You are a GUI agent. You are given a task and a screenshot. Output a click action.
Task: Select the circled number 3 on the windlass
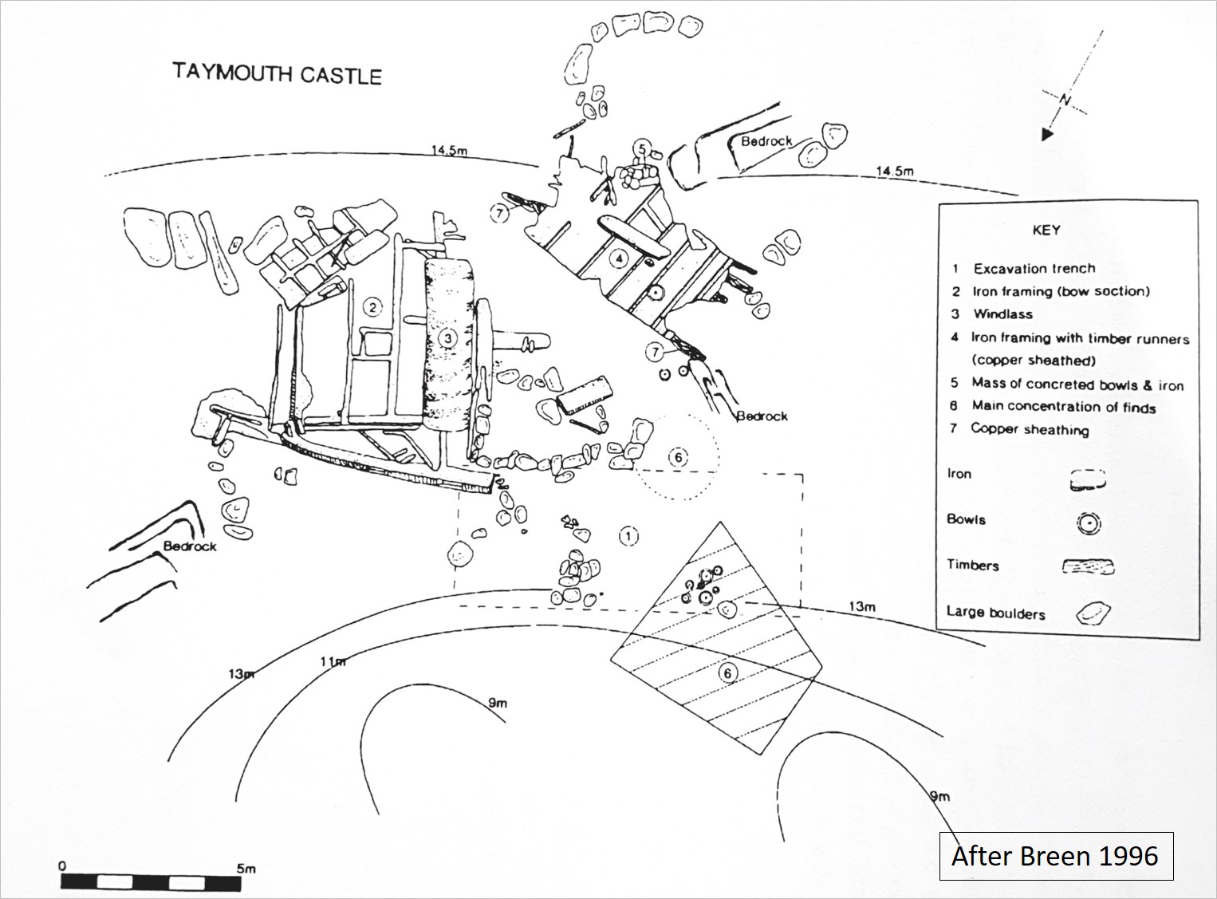pos(448,338)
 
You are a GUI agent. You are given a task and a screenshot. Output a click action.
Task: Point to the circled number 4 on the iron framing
pos(618,258)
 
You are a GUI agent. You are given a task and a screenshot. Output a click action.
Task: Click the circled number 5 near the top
pos(642,148)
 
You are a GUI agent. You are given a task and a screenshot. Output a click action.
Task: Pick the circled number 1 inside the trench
pos(629,535)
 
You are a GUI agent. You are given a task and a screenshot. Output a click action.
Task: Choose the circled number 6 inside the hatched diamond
pos(727,673)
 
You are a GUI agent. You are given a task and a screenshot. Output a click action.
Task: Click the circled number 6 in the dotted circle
pos(677,457)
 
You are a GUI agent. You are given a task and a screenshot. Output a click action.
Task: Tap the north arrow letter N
pos(1065,100)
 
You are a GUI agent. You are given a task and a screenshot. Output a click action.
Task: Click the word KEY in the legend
pos(1046,230)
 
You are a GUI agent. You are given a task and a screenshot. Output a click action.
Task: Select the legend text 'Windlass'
pos(1002,314)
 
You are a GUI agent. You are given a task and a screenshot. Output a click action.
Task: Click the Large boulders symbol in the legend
pos(1093,613)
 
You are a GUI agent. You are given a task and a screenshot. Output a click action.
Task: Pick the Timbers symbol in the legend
pos(1088,567)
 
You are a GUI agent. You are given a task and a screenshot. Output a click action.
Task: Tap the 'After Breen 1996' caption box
pos(1055,856)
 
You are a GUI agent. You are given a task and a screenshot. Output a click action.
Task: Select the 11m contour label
pos(333,661)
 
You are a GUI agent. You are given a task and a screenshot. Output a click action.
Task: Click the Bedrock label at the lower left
pos(190,546)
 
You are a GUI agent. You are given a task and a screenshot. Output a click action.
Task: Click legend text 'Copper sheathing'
pos(1029,429)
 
